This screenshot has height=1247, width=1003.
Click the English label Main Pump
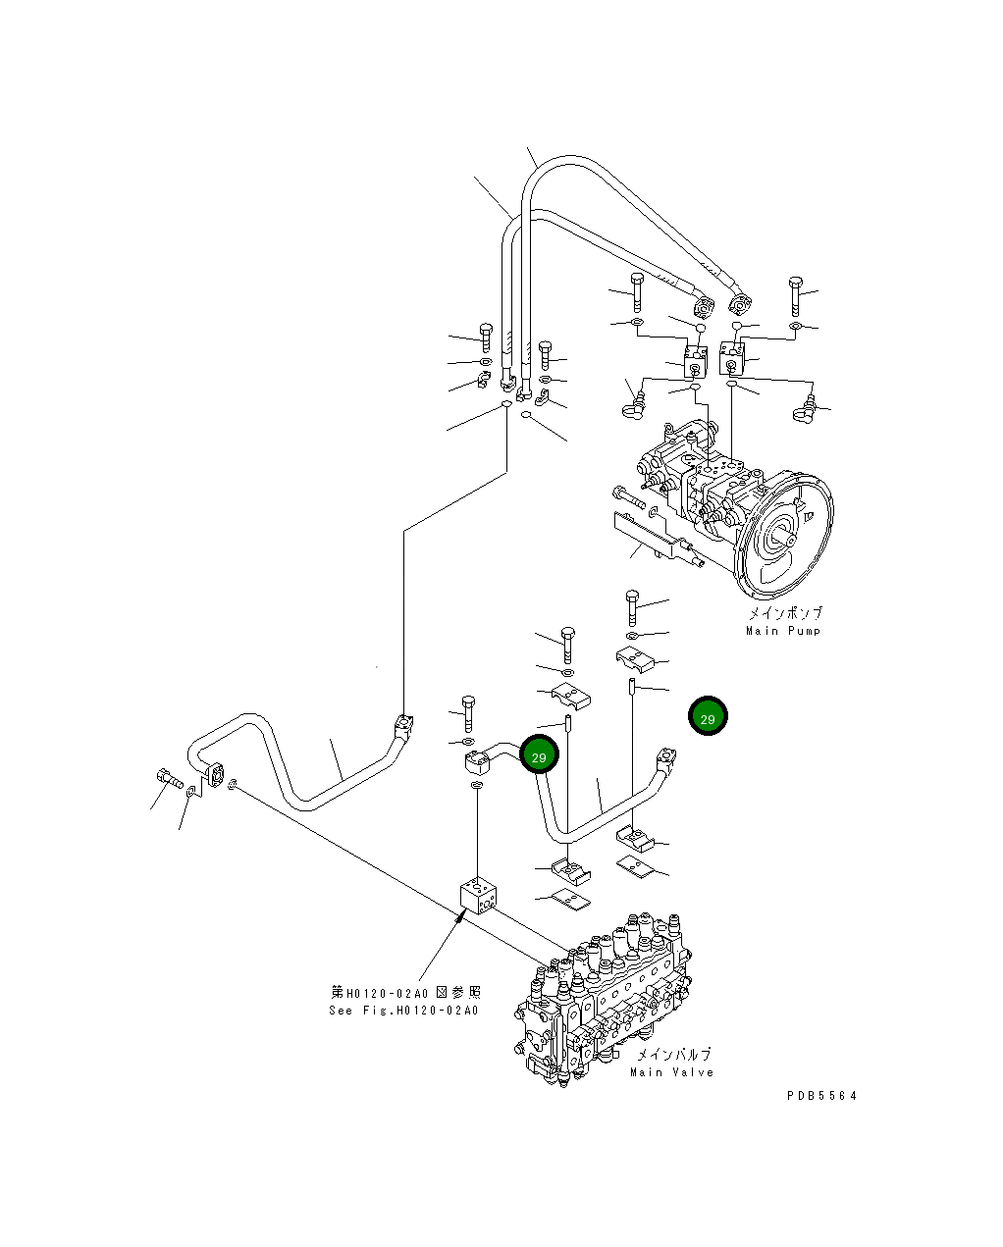coord(782,631)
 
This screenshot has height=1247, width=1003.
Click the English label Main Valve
coord(671,1072)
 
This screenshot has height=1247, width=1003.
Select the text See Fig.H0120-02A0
coord(403,1011)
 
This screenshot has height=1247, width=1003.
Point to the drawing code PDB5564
coord(820,1096)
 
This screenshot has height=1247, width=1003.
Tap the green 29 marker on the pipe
coord(538,754)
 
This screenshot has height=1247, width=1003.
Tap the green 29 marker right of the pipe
coord(707,717)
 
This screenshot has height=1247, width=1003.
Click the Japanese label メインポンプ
coord(785,614)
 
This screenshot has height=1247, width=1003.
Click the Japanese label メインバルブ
coord(673,1055)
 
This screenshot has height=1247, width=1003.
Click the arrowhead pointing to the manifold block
coord(462,918)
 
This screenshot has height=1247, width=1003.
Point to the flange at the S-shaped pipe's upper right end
coord(402,726)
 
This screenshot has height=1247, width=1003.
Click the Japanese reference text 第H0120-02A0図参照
coord(404,993)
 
